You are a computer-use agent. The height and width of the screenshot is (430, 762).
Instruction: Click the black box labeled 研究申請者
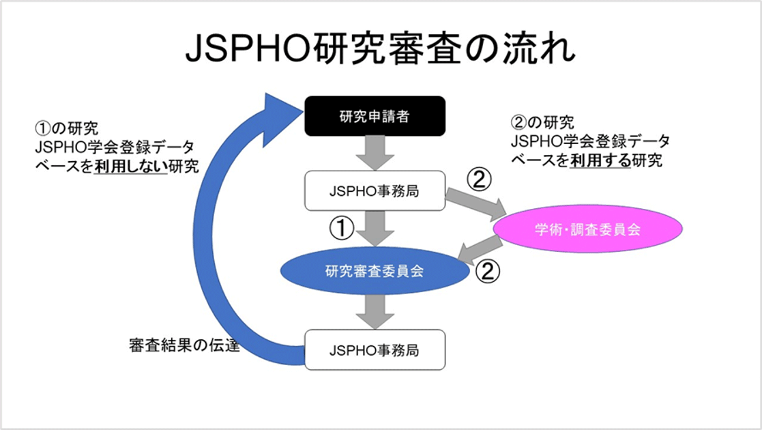point(375,116)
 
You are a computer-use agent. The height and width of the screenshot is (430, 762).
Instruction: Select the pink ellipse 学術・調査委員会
point(587,229)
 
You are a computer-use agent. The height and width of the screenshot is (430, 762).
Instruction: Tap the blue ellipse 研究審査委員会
point(375,270)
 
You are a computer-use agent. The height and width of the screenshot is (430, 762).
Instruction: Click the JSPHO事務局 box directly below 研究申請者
point(375,190)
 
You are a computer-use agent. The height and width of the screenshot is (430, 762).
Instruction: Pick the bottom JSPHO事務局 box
point(375,349)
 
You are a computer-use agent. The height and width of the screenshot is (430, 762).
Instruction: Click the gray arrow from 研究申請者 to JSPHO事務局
point(375,153)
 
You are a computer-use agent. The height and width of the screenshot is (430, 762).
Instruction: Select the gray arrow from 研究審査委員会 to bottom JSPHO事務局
point(375,312)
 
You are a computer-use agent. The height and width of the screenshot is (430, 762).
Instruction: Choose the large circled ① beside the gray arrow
point(342,228)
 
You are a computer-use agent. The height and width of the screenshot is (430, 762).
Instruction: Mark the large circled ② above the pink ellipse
point(479,180)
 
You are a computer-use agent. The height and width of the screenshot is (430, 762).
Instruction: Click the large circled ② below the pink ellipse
point(488,271)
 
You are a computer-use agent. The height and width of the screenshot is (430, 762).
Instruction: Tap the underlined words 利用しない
point(131,167)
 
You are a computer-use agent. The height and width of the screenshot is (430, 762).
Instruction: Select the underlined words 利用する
point(600,160)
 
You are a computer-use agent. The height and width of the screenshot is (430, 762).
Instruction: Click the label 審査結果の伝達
point(185,345)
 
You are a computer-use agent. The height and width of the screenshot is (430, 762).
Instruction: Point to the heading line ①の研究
point(67,128)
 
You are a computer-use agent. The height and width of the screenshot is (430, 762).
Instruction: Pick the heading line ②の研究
point(542,123)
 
